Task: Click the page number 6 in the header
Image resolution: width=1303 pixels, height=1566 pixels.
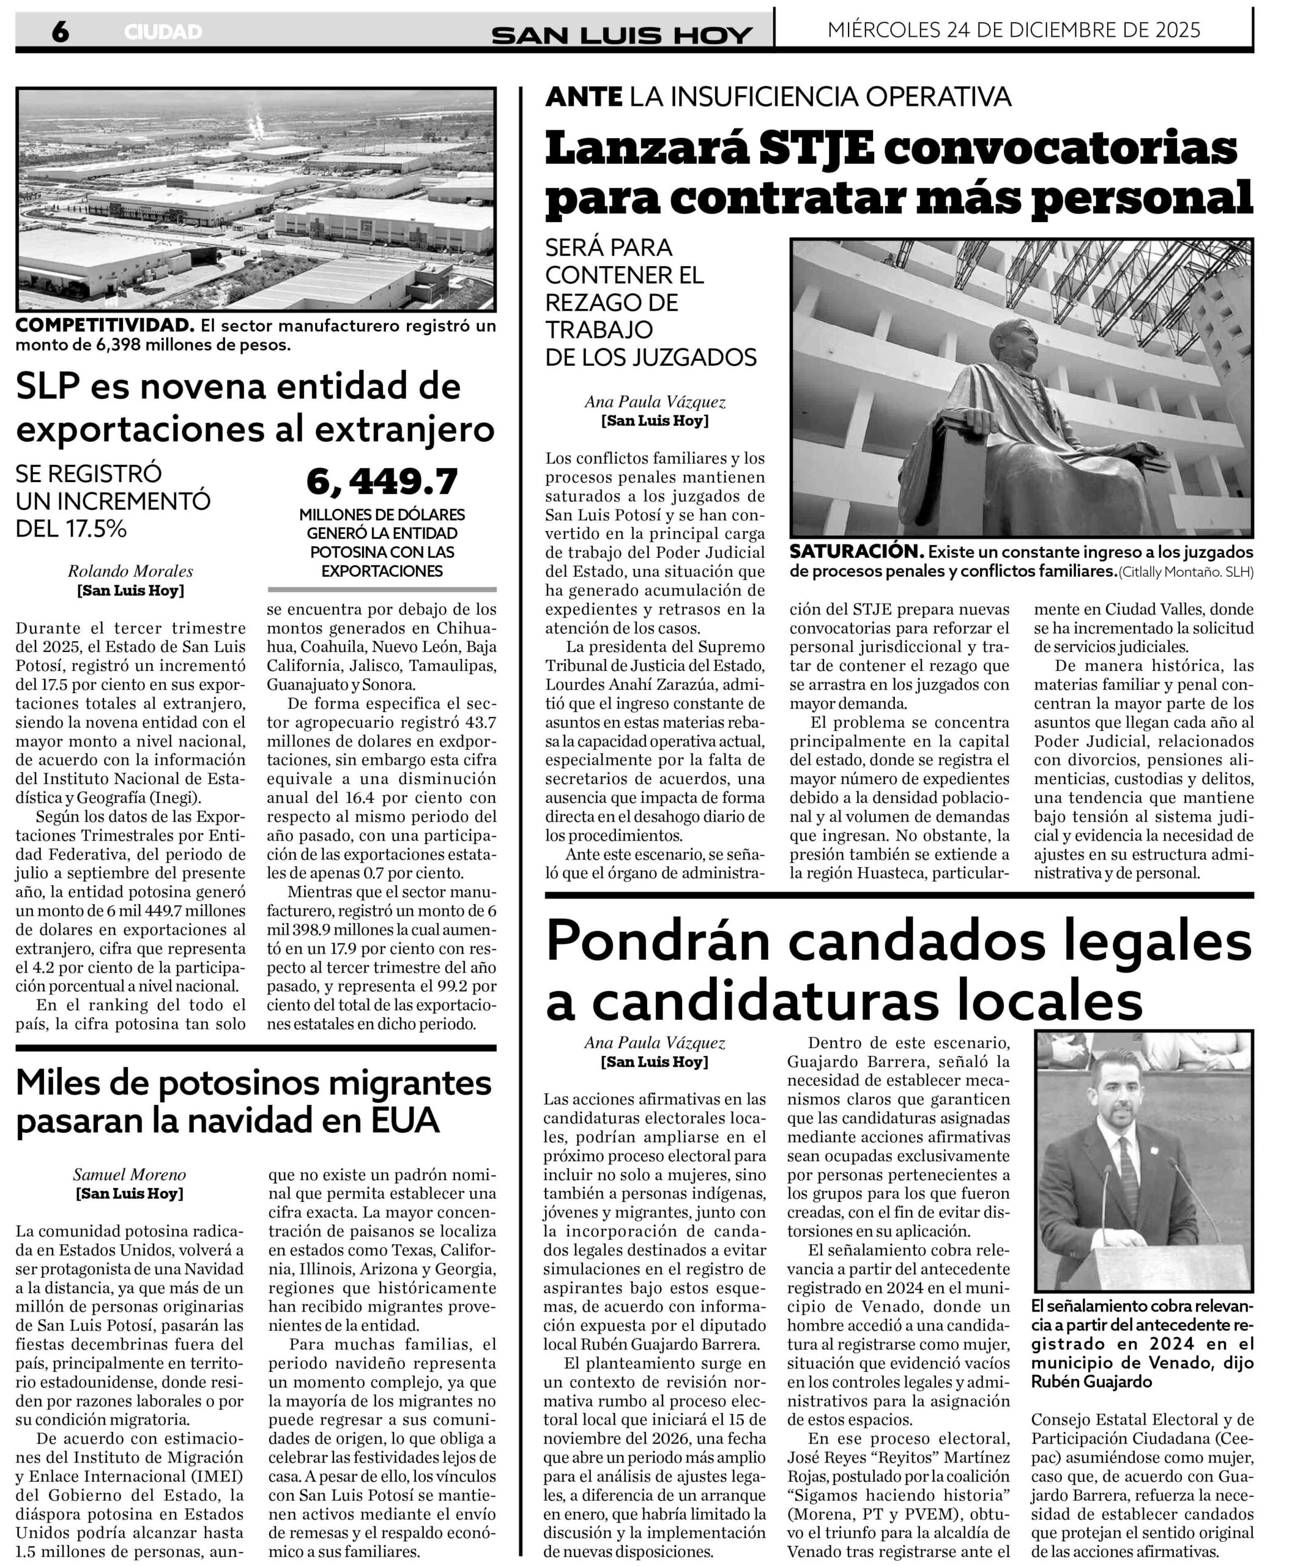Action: coord(61,31)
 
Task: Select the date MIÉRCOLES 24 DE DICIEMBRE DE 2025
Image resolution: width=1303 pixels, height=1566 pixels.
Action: coord(1014,30)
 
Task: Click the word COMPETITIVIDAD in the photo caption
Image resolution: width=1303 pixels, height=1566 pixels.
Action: coord(103,326)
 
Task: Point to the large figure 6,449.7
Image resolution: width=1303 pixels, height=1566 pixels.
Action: coord(382,483)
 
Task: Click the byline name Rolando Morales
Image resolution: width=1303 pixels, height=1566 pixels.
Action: coord(130,571)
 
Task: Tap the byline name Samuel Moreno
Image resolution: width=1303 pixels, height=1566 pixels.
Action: coord(130,1174)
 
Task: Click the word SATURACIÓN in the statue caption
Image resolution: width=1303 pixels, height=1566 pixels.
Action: coord(857,552)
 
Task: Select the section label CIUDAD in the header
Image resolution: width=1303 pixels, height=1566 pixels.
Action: coord(163,32)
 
